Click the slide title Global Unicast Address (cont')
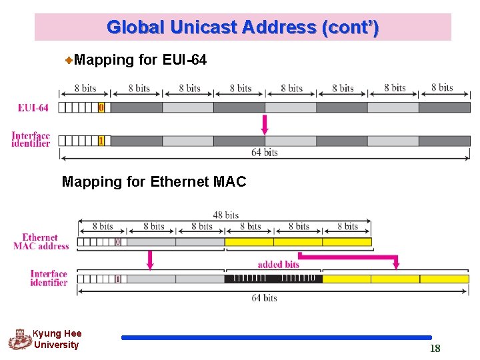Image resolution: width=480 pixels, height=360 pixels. pos(243,27)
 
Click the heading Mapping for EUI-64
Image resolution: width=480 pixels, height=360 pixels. pos(141,60)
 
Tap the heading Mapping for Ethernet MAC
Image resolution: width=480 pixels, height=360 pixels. pos(154,181)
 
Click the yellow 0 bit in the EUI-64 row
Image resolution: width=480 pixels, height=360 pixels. pos(101,107)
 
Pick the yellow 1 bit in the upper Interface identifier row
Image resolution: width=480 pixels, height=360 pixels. pos(101,141)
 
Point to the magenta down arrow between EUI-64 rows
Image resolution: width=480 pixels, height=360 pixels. pos(265,125)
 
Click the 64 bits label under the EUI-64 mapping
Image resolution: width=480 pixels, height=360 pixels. pos(265,153)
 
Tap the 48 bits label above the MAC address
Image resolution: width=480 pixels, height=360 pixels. pos(226,215)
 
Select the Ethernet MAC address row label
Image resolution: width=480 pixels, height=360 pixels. pos(41,241)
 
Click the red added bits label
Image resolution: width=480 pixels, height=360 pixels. pos(278,264)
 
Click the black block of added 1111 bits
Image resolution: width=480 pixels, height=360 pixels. pos(273,279)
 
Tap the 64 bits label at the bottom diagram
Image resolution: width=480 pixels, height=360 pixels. pos(265,298)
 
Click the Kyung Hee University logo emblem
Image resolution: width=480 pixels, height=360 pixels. pos(20,339)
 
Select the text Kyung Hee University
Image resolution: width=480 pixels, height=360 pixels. pos(57,339)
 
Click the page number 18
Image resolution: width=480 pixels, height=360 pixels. pos(435,349)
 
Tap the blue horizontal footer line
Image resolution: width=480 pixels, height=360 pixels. pos(277,337)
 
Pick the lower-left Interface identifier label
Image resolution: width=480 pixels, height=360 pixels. pos(49,278)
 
